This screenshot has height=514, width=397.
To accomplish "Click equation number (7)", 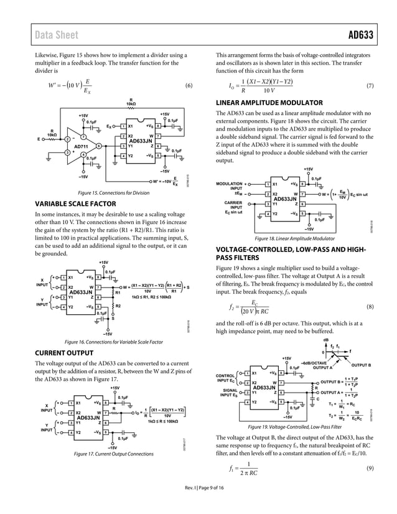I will [369, 85].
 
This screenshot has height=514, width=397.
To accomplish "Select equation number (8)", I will [369, 307].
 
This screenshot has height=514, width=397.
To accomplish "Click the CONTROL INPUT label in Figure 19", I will [225, 378].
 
